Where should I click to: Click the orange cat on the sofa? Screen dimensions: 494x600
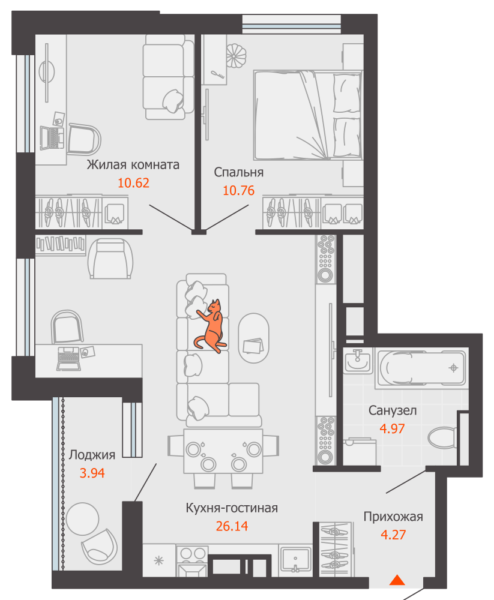[x=211, y=327]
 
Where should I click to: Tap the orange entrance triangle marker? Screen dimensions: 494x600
[x=397, y=580]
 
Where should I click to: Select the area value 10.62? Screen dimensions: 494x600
[x=133, y=183]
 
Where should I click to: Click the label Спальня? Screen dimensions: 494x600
[x=238, y=172]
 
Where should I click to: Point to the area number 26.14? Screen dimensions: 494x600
[x=232, y=526]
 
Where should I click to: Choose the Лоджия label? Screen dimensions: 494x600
[x=92, y=455]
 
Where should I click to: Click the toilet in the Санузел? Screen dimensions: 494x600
[x=442, y=437]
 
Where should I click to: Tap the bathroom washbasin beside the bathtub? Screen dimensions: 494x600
[x=358, y=361]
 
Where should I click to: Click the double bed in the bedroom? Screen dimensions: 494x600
[x=308, y=115]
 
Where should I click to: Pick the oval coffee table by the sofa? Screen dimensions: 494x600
[x=253, y=338]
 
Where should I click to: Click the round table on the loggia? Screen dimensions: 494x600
[x=82, y=519]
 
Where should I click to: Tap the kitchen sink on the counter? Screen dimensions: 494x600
[x=295, y=560]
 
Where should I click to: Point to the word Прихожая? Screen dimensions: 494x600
[x=393, y=517]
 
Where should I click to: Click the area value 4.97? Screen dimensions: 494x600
[x=392, y=428]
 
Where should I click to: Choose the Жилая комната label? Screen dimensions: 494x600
[x=133, y=164]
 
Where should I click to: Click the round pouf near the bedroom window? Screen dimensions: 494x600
[x=235, y=56]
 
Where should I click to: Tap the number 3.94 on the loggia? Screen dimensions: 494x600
[x=92, y=473]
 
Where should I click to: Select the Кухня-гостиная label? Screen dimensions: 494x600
[x=232, y=508]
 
